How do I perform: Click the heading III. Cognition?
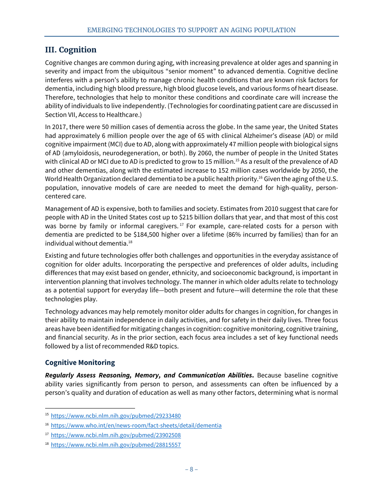coord(71,50)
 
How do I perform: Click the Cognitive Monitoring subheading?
coord(80,363)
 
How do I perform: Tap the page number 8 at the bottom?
coord(191,469)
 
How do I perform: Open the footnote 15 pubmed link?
coord(116,416)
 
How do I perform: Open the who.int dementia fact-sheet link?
coord(136,425)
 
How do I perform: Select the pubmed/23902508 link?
coord(116,435)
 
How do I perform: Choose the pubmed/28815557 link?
coord(116,445)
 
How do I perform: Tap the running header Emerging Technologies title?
coord(191,30)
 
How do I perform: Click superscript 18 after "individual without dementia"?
coord(130,242)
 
